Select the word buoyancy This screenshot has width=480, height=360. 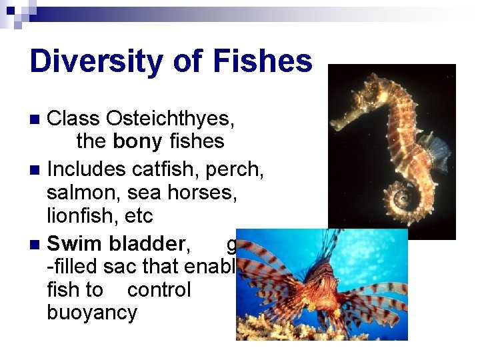(92, 313)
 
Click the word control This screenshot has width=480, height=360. (159, 290)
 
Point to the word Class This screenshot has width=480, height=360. (73, 119)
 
